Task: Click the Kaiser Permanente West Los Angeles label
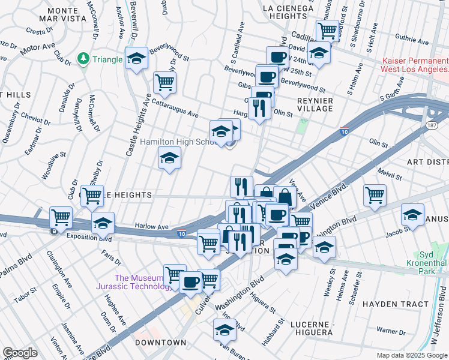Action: coord(415,65)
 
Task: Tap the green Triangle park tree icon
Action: coord(83,59)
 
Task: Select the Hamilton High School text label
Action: coord(178,142)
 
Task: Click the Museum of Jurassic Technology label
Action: coord(139,282)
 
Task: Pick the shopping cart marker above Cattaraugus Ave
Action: coord(164,82)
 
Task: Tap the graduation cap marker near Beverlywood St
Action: coord(136,59)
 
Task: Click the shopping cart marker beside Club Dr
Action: coord(92,194)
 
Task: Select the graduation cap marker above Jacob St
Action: coord(413,214)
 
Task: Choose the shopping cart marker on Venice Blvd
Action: coord(375,194)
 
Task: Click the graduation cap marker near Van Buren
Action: coord(225,329)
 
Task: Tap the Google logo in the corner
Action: coord(19,353)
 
